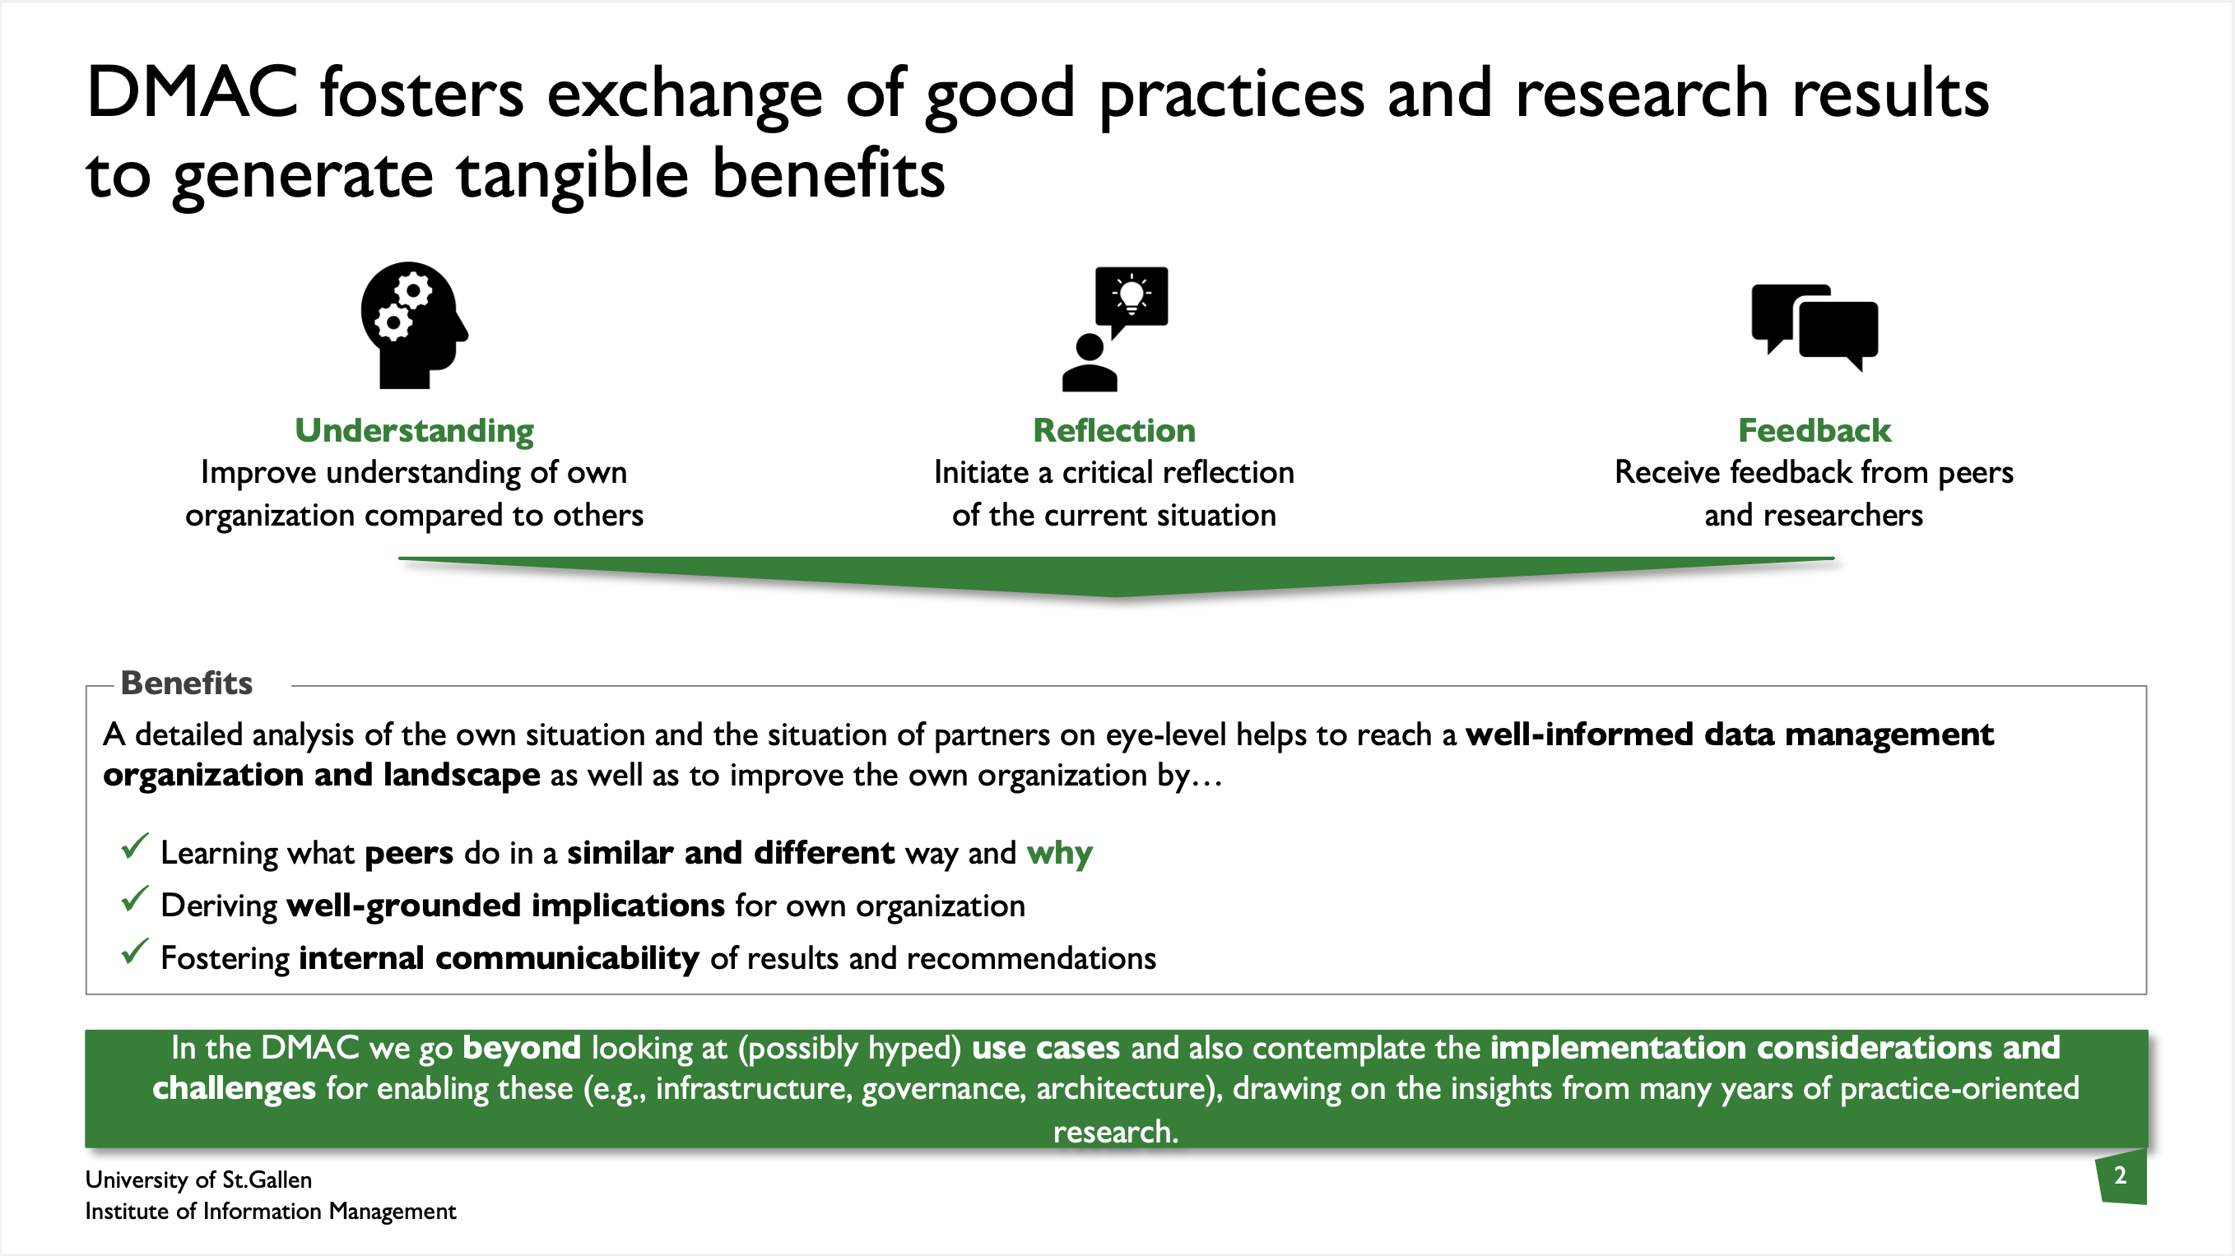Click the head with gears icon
pos(415,325)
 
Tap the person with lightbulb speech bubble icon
pos(1115,329)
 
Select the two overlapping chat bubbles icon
pos(1814,327)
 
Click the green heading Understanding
pos(414,430)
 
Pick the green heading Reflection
pos(1114,430)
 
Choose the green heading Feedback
pos(1814,430)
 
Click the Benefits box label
pos(187,683)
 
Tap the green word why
pos(1059,854)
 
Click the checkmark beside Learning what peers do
pos(134,846)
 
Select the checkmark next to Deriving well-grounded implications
pos(134,899)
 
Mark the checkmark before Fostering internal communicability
pos(134,952)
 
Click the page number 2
pos(2121,1175)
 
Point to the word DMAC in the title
pos(192,92)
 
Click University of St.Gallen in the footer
pos(198,1180)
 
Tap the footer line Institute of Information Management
pos(271,1211)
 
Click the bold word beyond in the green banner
pos(522,1048)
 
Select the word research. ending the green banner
pos(1116,1132)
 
